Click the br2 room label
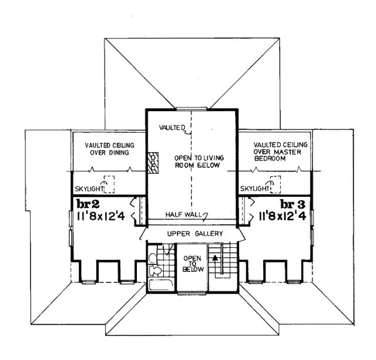click(x=88, y=204)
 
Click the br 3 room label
click(x=293, y=204)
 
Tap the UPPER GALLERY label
click(x=195, y=234)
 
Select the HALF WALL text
click(x=183, y=214)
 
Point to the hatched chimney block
click(x=153, y=163)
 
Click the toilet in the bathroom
click(x=155, y=270)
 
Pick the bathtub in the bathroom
click(x=161, y=285)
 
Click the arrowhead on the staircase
click(x=216, y=258)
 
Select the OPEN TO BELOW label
click(x=193, y=264)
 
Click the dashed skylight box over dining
click(x=109, y=184)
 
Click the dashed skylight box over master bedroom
click(x=276, y=184)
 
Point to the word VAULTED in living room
click(x=172, y=127)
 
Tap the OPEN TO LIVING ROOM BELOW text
click(x=199, y=162)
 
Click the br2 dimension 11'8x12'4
click(x=100, y=216)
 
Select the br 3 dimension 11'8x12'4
click(x=282, y=216)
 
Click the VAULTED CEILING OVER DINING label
click(x=110, y=149)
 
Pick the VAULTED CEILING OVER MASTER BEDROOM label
click(x=280, y=152)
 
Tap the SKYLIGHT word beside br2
click(x=89, y=189)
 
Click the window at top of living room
click(x=192, y=109)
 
